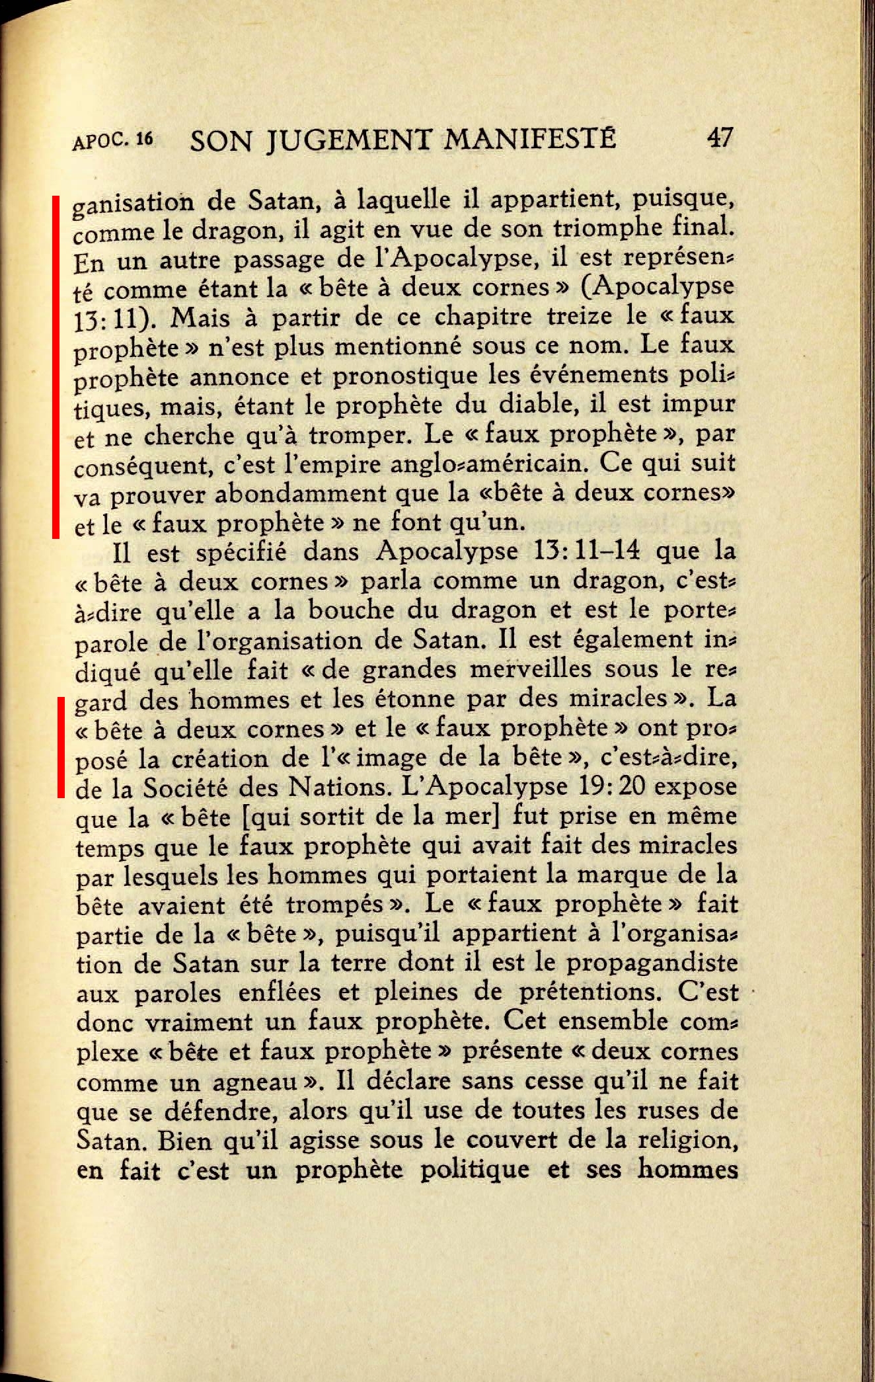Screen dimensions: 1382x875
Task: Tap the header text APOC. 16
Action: pyautogui.click(x=113, y=140)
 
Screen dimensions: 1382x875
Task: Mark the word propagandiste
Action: pyautogui.click(x=652, y=963)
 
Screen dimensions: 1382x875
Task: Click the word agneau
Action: pyautogui.click(x=255, y=1082)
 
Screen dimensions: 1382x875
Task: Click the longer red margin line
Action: pyautogui.click(x=56, y=366)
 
